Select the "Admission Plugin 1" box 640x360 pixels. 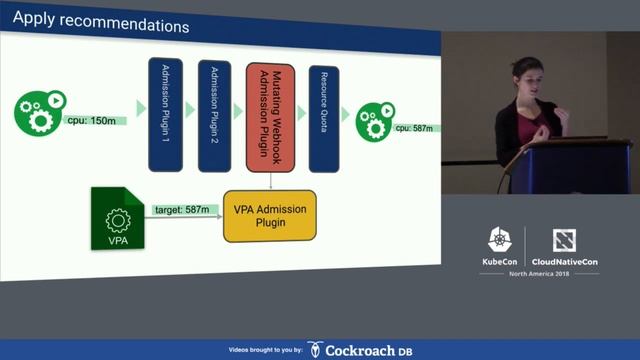pyautogui.click(x=165, y=114)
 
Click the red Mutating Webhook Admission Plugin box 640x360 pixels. pyautogui.click(x=271, y=114)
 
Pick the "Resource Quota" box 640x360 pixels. pyautogui.click(x=321, y=114)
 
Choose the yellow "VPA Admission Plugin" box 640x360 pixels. pyautogui.click(x=269, y=215)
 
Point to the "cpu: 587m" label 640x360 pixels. pyautogui.click(x=413, y=128)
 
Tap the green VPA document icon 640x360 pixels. pyautogui.click(x=118, y=218)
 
